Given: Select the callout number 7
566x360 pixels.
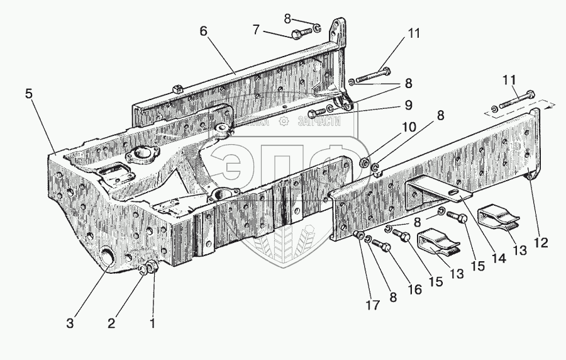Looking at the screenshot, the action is pos(255,30).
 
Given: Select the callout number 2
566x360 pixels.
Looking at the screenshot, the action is pos(112,325).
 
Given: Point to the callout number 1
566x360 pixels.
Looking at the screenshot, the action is pos(152,325).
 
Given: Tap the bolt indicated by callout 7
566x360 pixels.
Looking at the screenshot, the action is pos(301,31).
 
